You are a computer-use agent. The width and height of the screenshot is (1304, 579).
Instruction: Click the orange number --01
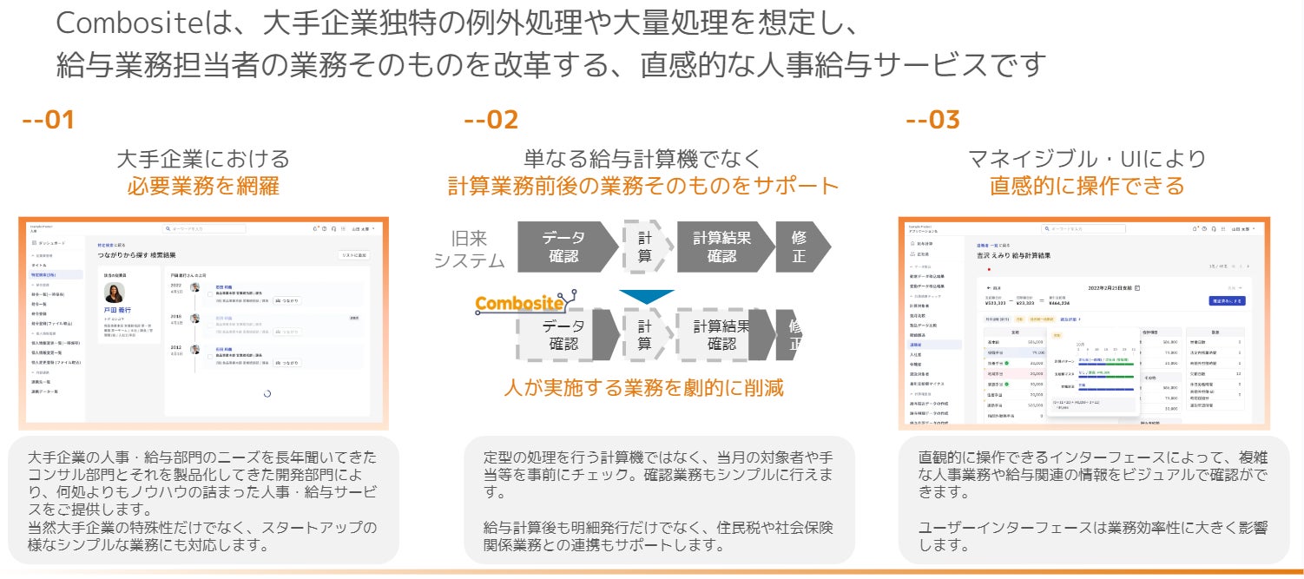point(48,121)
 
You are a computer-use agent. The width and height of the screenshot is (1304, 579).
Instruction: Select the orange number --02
point(491,121)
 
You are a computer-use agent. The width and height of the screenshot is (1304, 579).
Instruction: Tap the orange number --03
point(932,121)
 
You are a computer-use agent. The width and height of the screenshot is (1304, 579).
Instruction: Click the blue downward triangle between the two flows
point(647,296)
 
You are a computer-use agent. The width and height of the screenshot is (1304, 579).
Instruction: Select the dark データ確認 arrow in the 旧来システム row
point(563,247)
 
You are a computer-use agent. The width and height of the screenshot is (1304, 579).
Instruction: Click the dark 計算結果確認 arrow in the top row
point(721,247)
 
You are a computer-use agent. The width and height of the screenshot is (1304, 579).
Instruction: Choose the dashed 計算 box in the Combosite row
point(644,335)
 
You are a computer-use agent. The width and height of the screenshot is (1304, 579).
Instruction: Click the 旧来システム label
point(469,248)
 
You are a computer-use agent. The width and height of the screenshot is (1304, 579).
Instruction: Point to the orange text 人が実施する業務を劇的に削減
point(643,387)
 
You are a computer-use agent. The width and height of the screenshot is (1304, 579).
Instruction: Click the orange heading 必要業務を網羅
point(203,186)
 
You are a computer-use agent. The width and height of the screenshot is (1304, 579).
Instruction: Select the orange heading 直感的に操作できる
point(1086,186)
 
